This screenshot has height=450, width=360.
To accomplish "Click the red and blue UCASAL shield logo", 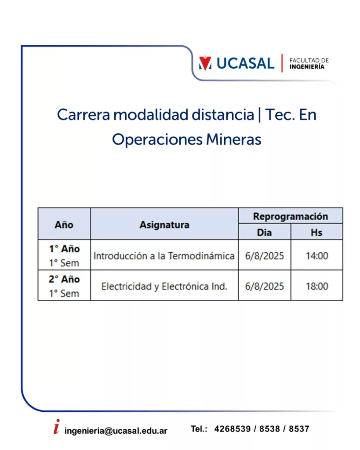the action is coord(205,63).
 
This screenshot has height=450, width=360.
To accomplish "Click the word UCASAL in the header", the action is coord(245,63).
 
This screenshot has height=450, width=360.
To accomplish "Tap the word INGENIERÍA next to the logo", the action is coord(307,67).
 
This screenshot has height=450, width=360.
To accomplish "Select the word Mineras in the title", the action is coord(233,139).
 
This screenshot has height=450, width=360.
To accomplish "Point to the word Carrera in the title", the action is coord(83,115).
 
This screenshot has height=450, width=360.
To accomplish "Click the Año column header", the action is coord(64,225).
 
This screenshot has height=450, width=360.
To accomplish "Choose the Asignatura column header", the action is coord(164,225).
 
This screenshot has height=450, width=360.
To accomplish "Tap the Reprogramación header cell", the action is coord(291,216).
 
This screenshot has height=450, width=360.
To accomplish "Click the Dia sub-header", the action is coord(265,232).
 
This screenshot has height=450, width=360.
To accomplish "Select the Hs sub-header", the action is coord(316,232).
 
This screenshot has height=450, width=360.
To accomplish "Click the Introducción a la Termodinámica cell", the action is coord(164,256).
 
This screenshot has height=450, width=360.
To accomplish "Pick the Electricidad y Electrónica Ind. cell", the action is coord(164,286).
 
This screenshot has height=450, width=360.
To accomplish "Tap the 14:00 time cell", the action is coord(317,256).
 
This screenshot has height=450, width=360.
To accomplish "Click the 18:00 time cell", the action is coord(317,286).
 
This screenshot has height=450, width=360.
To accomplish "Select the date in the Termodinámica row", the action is coord(265,256).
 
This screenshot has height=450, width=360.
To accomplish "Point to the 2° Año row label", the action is coord(64,279).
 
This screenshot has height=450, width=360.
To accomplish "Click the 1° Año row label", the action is coord(64,249).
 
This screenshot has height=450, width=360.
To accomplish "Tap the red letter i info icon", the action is coord(57,426).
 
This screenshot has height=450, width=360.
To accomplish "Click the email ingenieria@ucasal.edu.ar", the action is coord(116,431).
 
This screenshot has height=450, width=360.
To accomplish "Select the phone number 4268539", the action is coord(233,429).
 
